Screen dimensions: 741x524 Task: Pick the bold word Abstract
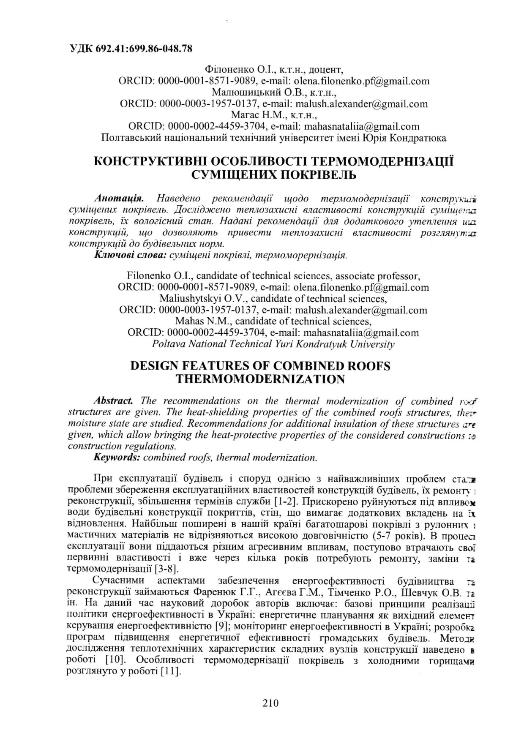(x=115, y=400)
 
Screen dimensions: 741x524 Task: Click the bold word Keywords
(x=117, y=457)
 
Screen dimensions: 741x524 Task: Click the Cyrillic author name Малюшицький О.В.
(x=259, y=92)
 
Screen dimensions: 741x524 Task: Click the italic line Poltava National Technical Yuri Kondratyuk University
(x=273, y=344)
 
